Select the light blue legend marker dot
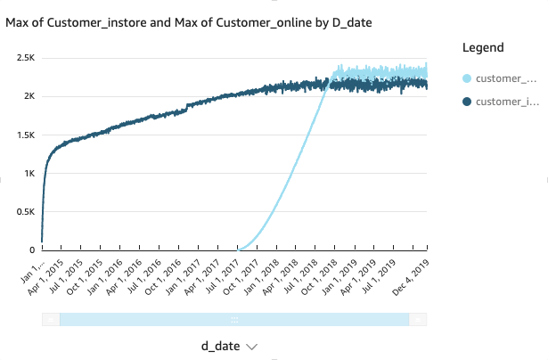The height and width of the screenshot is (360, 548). [x=465, y=79]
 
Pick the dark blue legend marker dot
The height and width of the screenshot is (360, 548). [x=465, y=102]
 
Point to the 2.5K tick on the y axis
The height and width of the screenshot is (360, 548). [x=25, y=57]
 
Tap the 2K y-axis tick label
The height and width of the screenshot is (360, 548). [x=29, y=96]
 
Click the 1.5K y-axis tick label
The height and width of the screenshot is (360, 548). [x=25, y=135]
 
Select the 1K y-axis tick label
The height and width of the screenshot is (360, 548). [x=29, y=173]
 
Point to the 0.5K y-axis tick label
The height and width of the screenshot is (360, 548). [x=25, y=211]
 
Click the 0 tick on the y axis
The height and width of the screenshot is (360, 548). [x=33, y=250]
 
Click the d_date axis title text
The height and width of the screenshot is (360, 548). [x=220, y=346]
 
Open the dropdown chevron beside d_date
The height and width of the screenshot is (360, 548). [x=251, y=347]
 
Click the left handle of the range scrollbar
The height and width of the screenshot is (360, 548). [x=51, y=319]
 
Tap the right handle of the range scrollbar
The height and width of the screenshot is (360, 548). [x=418, y=319]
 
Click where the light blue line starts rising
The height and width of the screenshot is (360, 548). [x=239, y=249]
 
